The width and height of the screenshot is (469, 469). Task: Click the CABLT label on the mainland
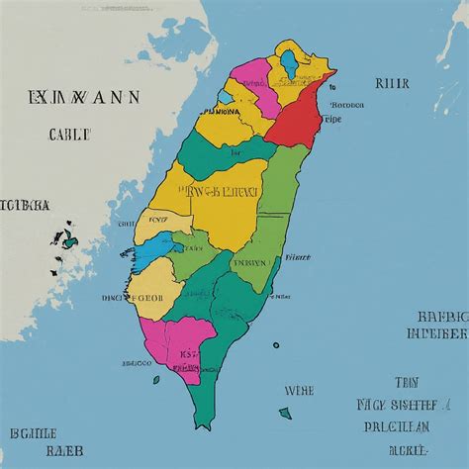[68, 134]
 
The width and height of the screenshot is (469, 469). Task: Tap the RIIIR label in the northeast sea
[392, 84]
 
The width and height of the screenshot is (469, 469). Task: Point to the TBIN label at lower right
[407, 381]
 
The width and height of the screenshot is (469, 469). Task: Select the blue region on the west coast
[154, 248]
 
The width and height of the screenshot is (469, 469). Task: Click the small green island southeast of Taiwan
[285, 413]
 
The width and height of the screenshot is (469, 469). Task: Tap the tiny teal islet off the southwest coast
[155, 379]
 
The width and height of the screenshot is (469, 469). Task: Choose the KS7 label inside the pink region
[189, 353]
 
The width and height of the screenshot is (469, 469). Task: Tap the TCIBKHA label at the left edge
[25, 206]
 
